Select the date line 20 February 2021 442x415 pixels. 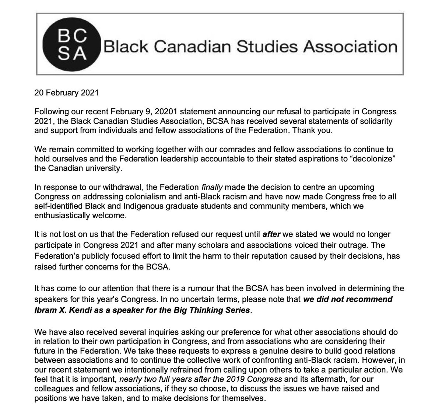tap(66, 93)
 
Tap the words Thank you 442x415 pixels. tap(313, 131)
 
